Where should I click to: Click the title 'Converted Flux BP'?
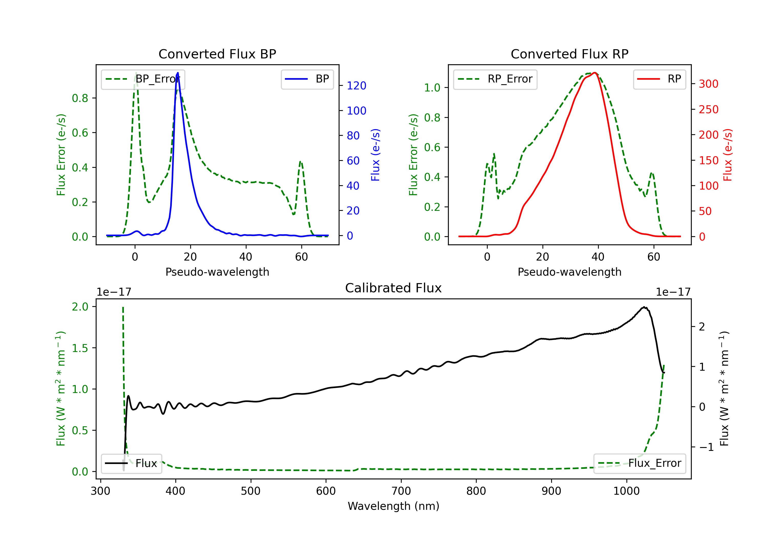pos(217,54)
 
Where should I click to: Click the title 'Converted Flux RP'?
pos(569,54)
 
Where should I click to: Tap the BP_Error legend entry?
pos(143,79)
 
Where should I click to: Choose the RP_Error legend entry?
pos(495,79)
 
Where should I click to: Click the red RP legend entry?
pos(659,79)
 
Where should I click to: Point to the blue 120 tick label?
pos(356,86)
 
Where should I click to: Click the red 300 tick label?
pos(708,84)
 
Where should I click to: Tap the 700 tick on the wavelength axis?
pos(401,491)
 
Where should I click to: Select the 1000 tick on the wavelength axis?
pos(626,491)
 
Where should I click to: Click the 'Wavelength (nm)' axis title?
pos(393,506)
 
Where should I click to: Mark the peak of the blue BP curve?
pos(178,73)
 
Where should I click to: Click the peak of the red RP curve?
pos(594,73)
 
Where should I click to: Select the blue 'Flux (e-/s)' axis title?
pos(375,155)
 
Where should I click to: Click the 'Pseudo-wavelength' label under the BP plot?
pos(217,272)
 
